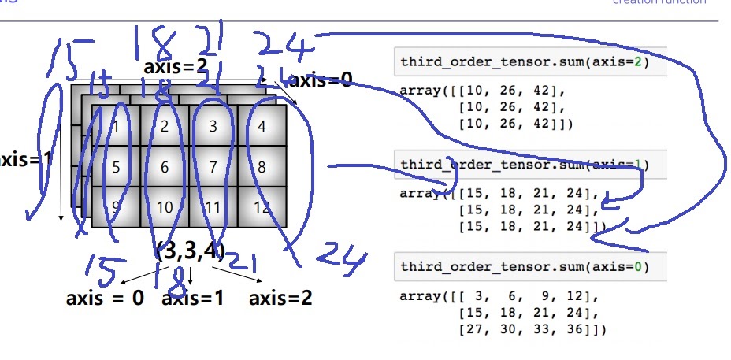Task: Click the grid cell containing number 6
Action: click(x=165, y=167)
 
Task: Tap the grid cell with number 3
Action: click(x=213, y=126)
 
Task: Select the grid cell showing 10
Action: click(x=165, y=208)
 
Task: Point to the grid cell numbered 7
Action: click(x=213, y=167)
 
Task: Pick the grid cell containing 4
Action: click(x=262, y=126)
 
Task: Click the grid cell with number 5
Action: click(x=116, y=167)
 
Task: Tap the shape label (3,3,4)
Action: click(x=190, y=252)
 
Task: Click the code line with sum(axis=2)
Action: click(x=525, y=61)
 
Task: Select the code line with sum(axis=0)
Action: click(x=525, y=266)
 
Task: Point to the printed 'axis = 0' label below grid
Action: click(x=105, y=299)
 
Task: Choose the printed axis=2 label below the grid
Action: click(x=280, y=299)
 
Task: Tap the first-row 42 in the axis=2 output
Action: click(x=551, y=89)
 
